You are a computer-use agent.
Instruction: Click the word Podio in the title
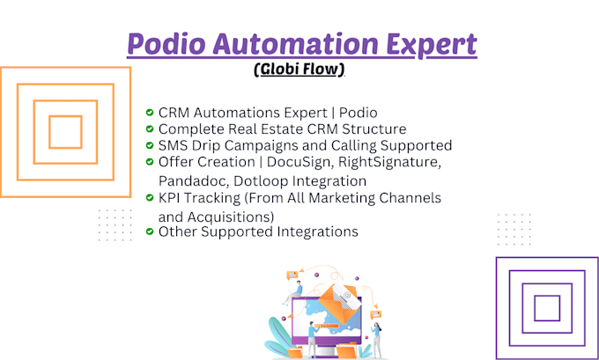166,43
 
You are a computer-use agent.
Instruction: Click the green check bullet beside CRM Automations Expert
150,113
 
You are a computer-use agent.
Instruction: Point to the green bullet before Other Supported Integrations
150,231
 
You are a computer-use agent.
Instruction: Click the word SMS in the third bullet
173,145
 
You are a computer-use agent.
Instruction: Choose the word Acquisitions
231,217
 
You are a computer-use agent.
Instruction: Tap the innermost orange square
66,132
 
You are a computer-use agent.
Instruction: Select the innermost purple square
547,308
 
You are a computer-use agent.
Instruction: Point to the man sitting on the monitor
293,292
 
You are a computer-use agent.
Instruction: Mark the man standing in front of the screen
313,339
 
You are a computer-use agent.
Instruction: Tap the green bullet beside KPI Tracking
150,197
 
